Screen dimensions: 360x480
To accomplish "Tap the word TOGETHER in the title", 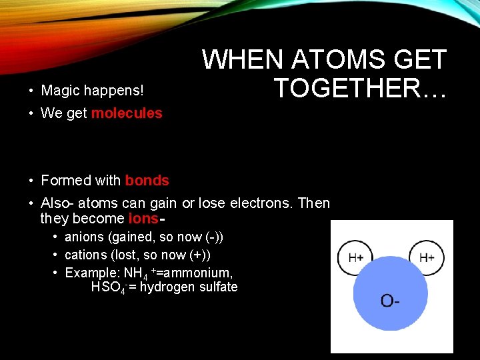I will coord(347,88).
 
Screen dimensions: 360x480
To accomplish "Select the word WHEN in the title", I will coord(237,60).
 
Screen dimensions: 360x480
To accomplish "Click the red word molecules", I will coord(127,113).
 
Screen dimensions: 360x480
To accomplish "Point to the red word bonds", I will coord(147,181).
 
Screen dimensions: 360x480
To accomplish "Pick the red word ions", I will coord(143,219).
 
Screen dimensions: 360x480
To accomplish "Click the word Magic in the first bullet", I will coord(61,90).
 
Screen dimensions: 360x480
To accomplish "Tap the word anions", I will coord(84,237).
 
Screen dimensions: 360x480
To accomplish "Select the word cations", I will coord(85,255).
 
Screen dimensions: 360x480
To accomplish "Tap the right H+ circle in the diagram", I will coord(427,257).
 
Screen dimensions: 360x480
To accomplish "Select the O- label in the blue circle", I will coord(391,301).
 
